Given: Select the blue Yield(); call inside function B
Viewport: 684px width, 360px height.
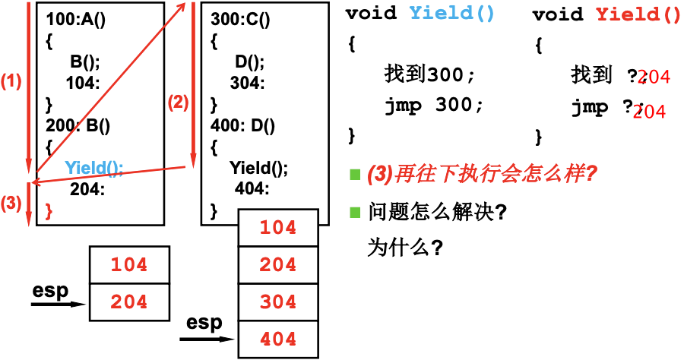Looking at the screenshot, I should [93, 167].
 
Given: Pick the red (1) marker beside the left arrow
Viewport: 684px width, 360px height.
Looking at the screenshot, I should [11, 81].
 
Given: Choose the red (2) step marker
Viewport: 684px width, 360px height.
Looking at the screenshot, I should [177, 103].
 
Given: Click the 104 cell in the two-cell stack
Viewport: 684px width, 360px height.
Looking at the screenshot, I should [129, 265].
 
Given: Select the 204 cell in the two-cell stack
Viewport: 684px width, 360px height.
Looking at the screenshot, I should [129, 302].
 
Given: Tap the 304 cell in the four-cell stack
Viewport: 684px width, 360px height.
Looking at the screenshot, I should [278, 302].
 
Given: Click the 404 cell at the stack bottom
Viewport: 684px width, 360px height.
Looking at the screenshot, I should [278, 339].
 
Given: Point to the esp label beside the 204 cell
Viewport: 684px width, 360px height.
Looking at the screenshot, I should [51, 291].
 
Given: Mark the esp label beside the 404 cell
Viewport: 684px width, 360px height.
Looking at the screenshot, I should [204, 323].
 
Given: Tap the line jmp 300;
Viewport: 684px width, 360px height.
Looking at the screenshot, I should [433, 106].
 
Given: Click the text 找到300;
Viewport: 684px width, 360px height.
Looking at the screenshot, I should [429, 74].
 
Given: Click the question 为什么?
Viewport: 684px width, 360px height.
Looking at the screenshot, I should [405, 248].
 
